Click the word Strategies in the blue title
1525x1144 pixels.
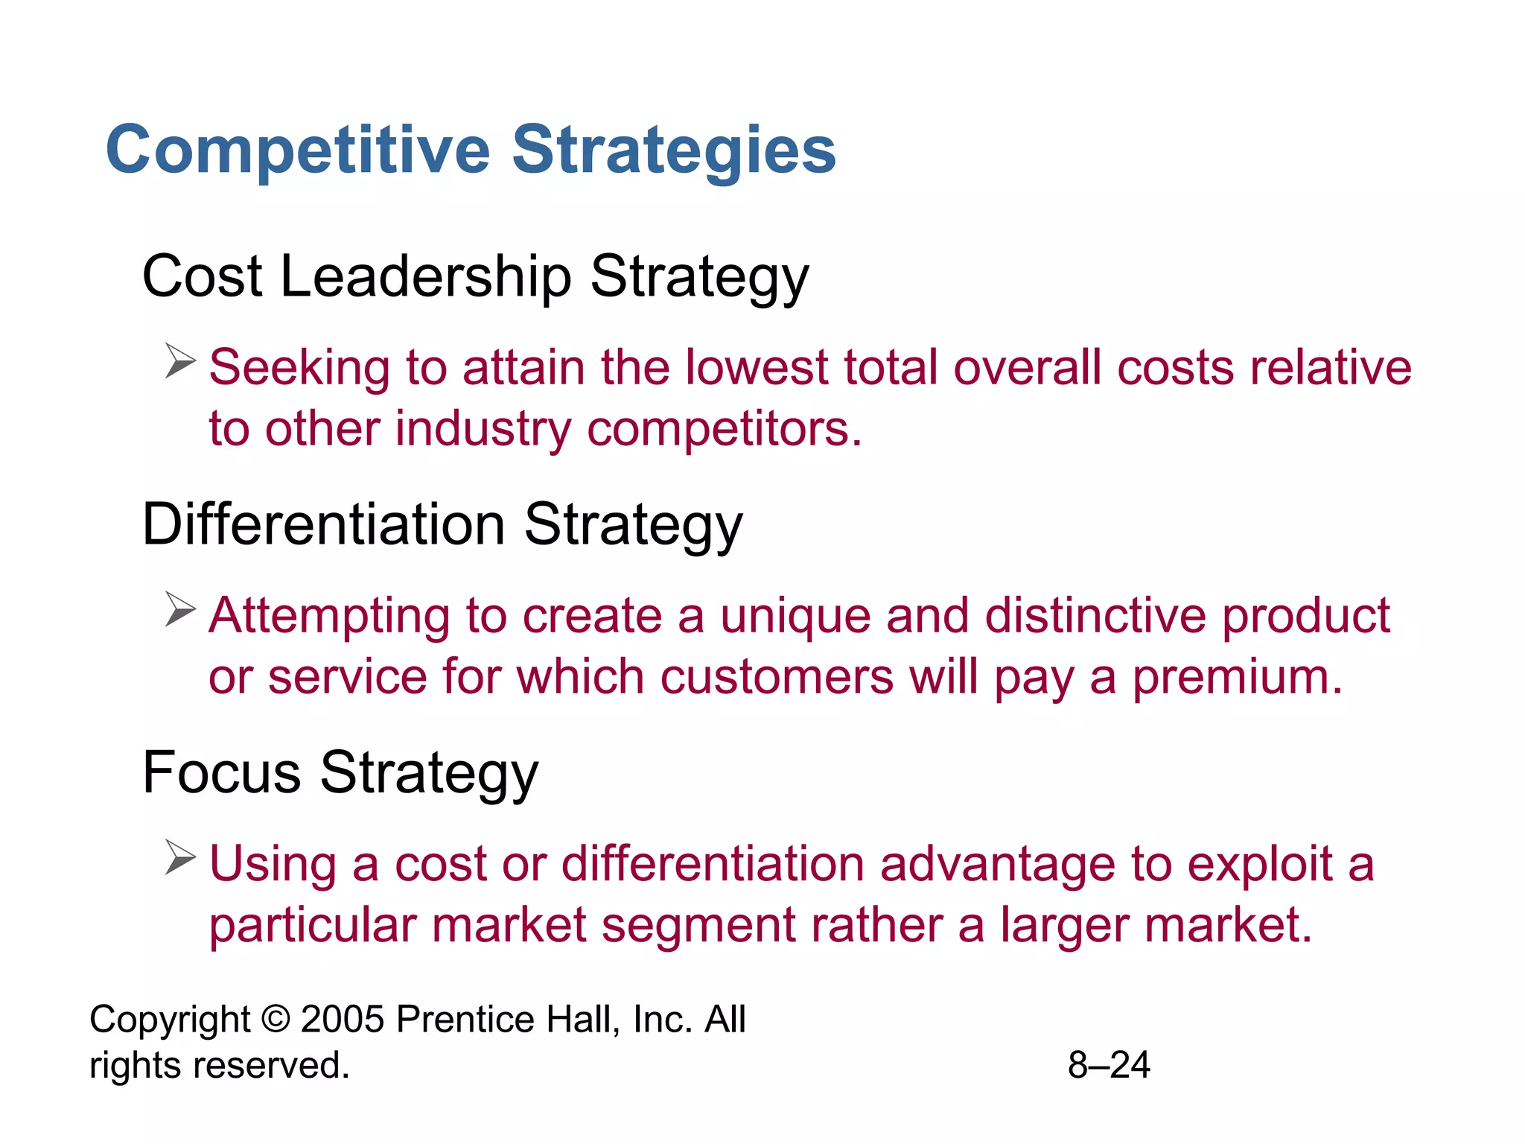coord(674,150)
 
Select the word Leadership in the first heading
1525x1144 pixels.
coord(425,277)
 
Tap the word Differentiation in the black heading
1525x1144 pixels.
coord(324,524)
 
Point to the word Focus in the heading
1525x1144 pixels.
coord(221,772)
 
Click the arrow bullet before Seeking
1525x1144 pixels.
coord(179,361)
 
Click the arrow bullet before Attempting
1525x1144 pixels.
coord(179,609)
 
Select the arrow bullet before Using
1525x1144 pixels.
coord(179,857)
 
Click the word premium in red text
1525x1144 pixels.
coord(1237,677)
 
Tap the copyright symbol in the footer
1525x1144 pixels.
coord(276,1019)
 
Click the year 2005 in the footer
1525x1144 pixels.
coord(343,1019)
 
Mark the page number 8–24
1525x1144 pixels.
coord(1108,1065)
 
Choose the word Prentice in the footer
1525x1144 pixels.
coord(465,1019)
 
